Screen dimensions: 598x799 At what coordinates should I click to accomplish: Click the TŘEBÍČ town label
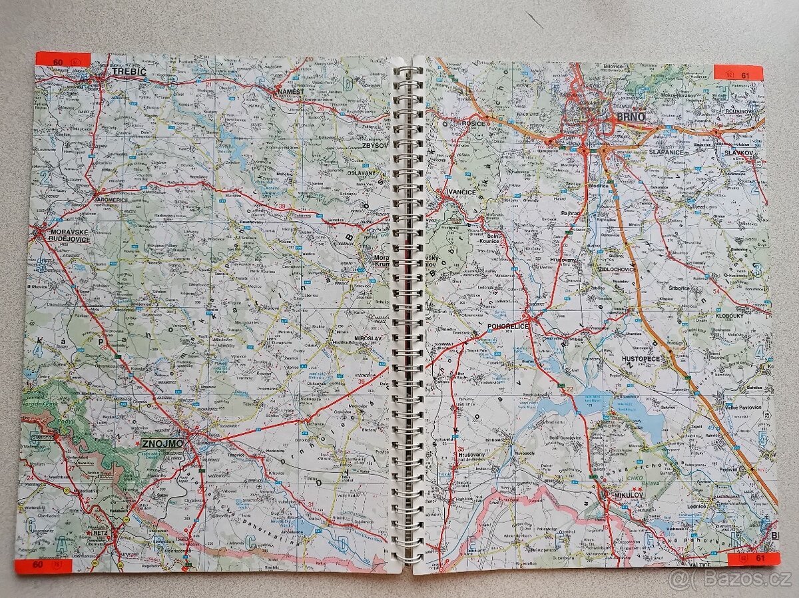click(129, 71)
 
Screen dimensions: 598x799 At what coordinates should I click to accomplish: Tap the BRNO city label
click(631, 117)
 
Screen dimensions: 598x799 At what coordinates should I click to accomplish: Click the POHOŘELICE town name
click(507, 327)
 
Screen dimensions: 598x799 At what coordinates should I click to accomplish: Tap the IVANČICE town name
click(461, 192)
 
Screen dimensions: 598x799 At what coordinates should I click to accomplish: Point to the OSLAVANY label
click(362, 172)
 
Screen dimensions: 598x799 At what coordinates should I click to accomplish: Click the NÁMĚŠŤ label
click(292, 91)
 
